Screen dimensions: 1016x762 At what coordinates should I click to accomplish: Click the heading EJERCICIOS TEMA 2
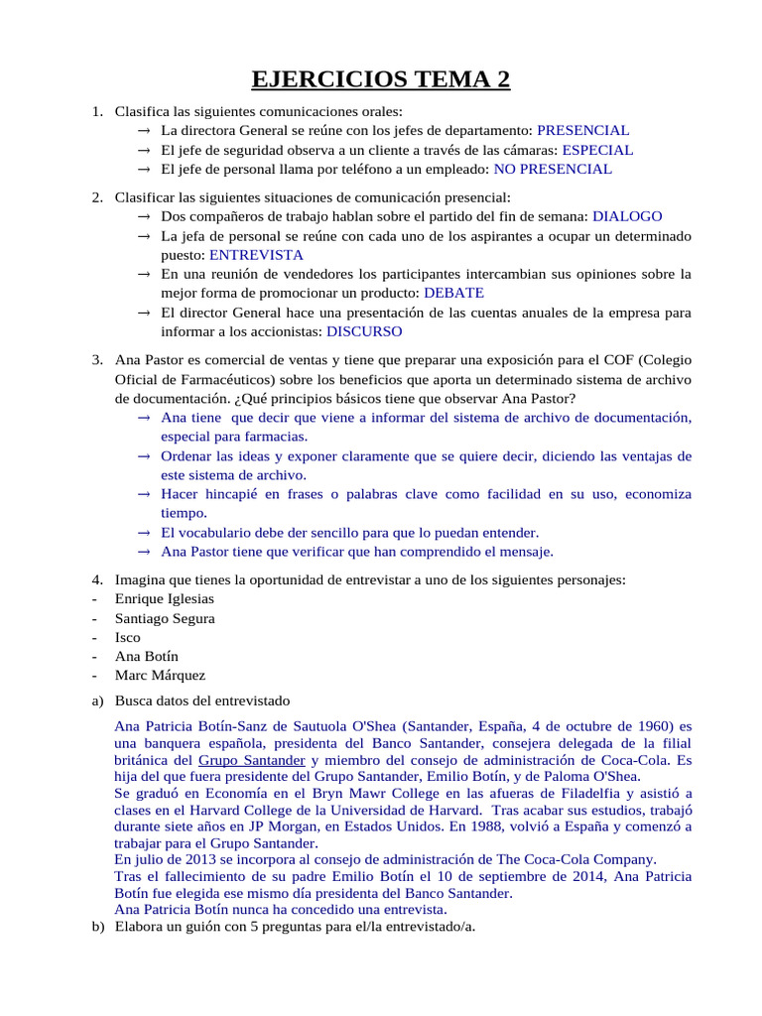[x=381, y=78]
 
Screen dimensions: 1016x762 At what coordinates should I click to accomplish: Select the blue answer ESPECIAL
[x=597, y=150]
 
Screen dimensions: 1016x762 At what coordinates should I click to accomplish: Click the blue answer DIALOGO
[x=627, y=216]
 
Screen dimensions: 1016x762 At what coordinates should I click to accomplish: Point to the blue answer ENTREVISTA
[x=256, y=255]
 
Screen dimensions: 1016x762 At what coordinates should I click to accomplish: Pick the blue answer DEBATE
[x=453, y=293]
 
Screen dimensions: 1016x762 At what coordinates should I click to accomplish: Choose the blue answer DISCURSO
[x=364, y=331]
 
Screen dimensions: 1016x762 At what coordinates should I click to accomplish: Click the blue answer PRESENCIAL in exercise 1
[x=582, y=131]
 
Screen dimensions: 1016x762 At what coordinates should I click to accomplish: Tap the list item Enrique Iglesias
[x=165, y=599]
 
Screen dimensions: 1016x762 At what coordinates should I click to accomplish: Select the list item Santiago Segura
[x=165, y=618]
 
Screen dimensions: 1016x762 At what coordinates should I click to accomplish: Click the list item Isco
[x=128, y=637]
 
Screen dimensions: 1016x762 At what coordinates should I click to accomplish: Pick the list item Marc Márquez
[x=161, y=676]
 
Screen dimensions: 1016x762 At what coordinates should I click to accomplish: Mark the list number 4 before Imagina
[x=97, y=580]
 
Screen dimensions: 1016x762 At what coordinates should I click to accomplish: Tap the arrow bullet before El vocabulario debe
[x=144, y=533]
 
